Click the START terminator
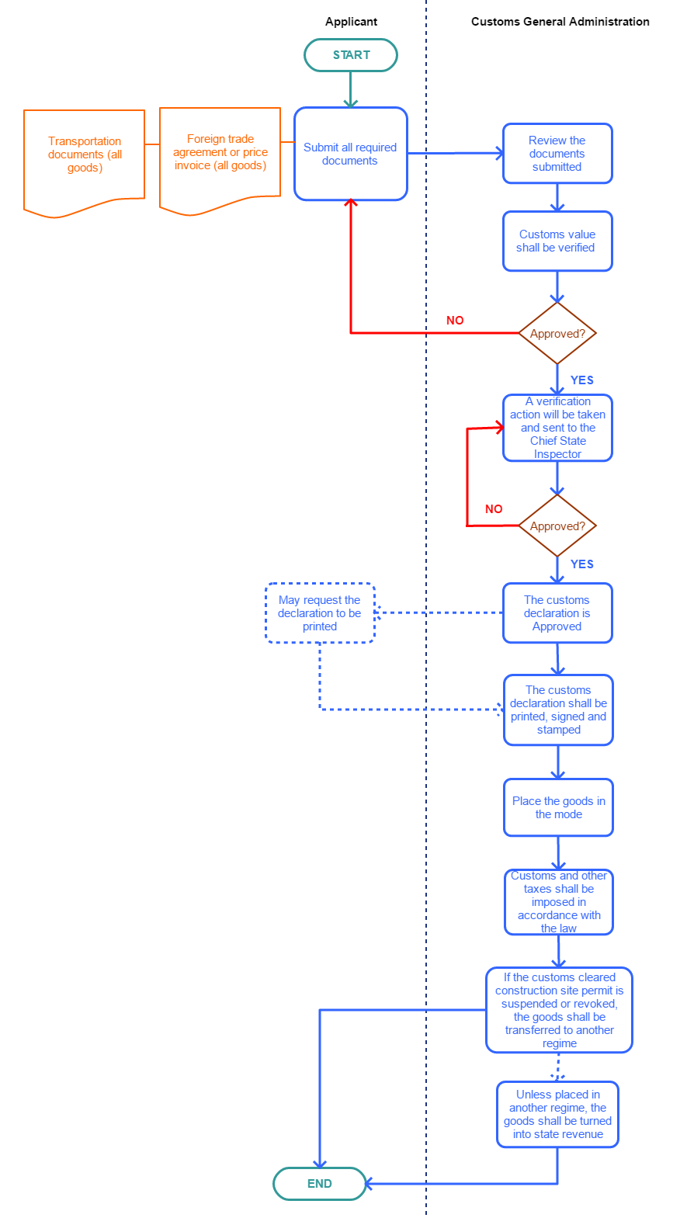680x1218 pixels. click(351, 55)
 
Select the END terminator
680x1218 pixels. click(319, 1184)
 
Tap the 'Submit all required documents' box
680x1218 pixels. click(350, 154)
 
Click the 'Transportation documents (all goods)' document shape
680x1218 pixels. click(84, 160)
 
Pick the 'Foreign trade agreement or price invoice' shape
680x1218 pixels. click(220, 158)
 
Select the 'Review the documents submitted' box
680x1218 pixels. click(557, 154)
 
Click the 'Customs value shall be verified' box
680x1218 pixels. click(557, 241)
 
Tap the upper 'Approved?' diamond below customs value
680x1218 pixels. click(557, 333)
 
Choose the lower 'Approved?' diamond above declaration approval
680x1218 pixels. click(557, 526)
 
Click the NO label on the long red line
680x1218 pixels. click(455, 321)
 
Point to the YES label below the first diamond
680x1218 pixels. click(581, 380)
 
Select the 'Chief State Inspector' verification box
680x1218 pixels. click(557, 428)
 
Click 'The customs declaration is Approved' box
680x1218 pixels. click(557, 613)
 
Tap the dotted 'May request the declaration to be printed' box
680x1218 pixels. click(320, 613)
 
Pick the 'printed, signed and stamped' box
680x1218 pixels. click(558, 710)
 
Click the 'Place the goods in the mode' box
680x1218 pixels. click(558, 807)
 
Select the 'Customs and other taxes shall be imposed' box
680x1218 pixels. click(558, 902)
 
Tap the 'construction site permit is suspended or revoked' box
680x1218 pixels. click(559, 1010)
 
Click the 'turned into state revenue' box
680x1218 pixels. click(557, 1114)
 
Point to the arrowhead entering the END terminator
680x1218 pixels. click(368, 1184)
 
